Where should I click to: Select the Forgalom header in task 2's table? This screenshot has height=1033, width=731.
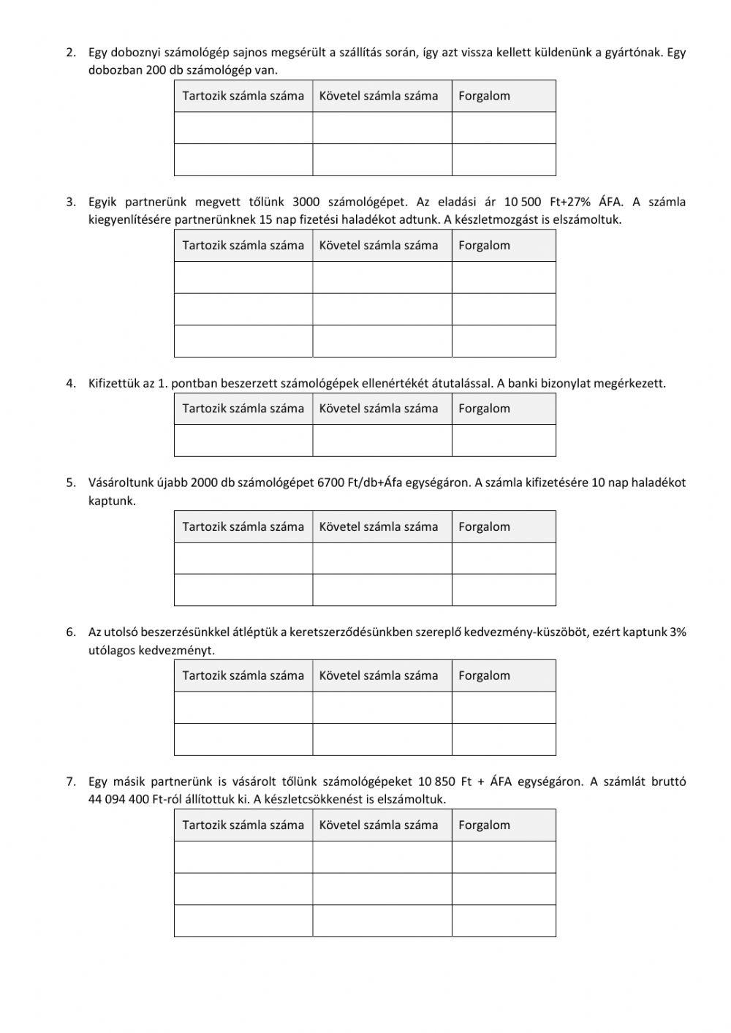pos(484,96)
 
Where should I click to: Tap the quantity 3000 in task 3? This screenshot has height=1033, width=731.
pos(306,202)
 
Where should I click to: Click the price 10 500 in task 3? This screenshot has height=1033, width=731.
pos(523,202)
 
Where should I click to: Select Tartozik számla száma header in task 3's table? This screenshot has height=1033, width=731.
pos(243,245)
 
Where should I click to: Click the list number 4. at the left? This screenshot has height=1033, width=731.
pos(71,382)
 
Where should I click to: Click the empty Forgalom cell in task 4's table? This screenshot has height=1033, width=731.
pos(503,440)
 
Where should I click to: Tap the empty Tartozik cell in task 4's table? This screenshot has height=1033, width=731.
pos(243,440)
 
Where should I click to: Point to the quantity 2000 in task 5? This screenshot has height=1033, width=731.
pos(205,483)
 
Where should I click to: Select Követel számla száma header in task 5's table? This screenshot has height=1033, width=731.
pos(379,526)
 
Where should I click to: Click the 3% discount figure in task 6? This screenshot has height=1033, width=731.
pos(678,632)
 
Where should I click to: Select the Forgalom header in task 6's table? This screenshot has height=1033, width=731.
pos(484,676)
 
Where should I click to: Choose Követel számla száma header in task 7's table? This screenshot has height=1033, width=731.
pos(379,825)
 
